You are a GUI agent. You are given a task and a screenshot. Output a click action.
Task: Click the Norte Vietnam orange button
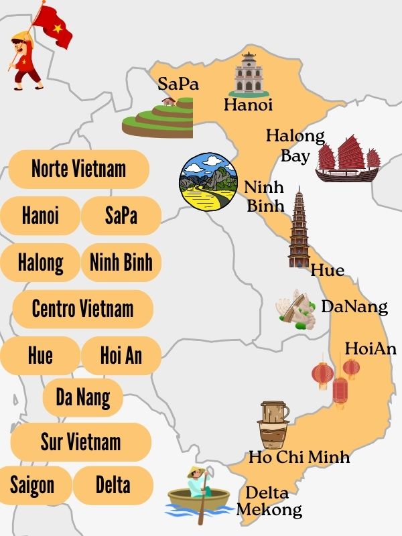click(78, 168)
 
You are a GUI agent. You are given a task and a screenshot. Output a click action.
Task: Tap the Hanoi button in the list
click(40, 216)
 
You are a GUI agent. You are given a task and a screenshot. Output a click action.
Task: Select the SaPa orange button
click(121, 216)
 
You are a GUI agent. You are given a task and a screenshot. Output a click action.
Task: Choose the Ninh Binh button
click(121, 262)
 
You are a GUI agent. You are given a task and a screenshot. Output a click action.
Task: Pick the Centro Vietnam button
click(82, 309)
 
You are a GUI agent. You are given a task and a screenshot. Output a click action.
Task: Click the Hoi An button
click(121, 355)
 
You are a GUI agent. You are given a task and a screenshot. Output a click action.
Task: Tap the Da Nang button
click(82, 397)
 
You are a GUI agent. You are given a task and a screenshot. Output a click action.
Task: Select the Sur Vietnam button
click(80, 442)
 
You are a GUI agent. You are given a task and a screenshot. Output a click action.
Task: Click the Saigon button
click(31, 485)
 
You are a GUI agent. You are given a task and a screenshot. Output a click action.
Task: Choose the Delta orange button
click(113, 485)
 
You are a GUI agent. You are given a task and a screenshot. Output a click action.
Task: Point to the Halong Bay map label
click(295, 146)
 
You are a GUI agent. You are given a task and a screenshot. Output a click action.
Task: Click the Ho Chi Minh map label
click(299, 458)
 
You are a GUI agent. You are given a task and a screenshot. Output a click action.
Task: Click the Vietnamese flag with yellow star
click(52, 25)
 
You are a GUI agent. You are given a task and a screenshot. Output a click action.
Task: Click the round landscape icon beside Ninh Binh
click(208, 180)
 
